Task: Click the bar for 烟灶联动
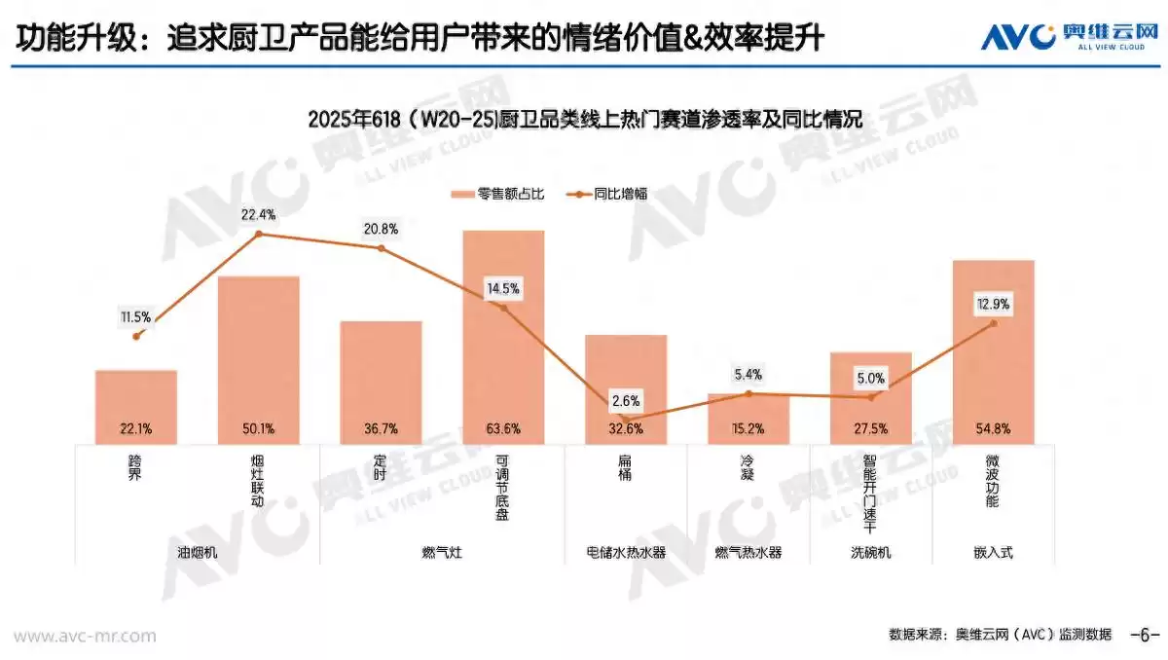258,360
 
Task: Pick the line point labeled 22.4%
259,234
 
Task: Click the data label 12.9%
993,305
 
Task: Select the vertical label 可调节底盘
502,487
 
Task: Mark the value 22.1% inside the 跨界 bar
136,428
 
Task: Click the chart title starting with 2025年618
584,120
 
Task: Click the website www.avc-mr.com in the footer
85,636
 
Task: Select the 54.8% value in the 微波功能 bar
993,428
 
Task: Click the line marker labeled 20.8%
382,248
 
